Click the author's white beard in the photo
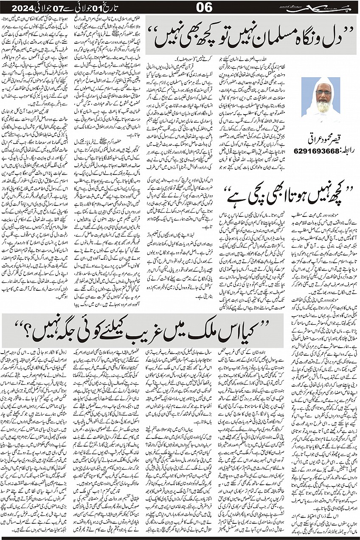pyautogui.click(x=323, y=105)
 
